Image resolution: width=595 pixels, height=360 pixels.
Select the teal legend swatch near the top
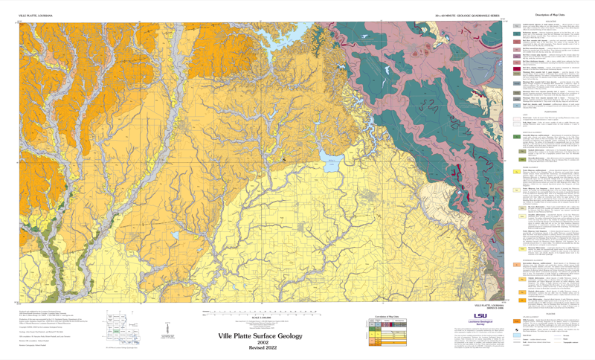[517, 33]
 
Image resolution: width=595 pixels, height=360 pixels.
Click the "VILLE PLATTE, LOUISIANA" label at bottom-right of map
[488, 303]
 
